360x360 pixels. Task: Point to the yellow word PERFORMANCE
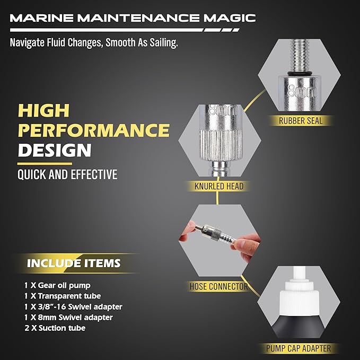pyautogui.click(x=94, y=130)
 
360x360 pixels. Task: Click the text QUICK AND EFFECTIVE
pyautogui.click(x=68, y=174)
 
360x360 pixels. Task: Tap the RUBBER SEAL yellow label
pyautogui.click(x=301, y=120)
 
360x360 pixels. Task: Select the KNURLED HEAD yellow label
pyautogui.click(x=215, y=186)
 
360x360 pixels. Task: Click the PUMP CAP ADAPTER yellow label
pyautogui.click(x=299, y=348)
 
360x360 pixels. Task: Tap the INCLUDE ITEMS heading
pyautogui.click(x=74, y=263)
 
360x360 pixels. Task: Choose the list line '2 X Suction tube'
pyautogui.click(x=55, y=328)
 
